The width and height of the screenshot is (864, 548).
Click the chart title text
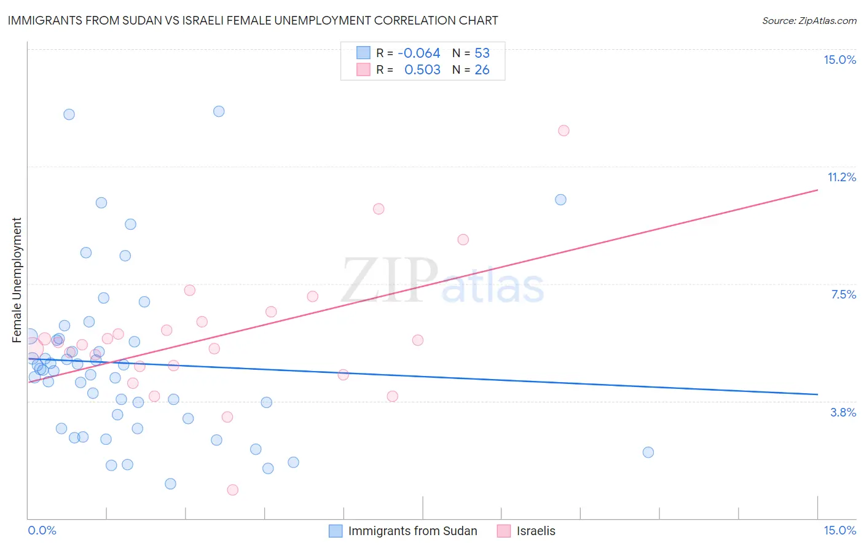click(x=253, y=20)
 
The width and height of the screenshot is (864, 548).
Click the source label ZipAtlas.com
click(x=809, y=20)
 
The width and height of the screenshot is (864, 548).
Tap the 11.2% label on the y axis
click(x=841, y=177)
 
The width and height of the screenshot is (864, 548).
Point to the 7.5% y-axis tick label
click(x=843, y=294)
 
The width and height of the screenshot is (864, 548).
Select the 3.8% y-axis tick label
click(x=843, y=412)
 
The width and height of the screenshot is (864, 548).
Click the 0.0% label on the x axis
click(x=42, y=530)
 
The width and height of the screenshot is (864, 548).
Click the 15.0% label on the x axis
click(x=839, y=530)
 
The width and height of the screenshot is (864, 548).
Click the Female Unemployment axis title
click(x=17, y=280)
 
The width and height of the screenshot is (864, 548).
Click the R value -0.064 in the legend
click(x=418, y=53)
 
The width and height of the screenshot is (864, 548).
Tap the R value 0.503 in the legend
click(x=422, y=70)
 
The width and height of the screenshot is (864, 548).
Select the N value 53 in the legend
click(x=482, y=53)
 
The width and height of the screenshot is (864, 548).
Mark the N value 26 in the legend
click(x=482, y=70)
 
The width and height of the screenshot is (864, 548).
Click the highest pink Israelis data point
click(x=564, y=130)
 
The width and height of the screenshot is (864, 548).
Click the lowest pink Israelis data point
click(x=232, y=490)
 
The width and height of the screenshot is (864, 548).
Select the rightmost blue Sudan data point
click(x=648, y=452)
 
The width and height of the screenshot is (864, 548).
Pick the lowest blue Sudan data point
click(x=170, y=483)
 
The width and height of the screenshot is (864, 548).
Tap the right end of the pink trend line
click(x=817, y=190)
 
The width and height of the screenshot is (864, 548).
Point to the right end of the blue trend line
click(x=817, y=394)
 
